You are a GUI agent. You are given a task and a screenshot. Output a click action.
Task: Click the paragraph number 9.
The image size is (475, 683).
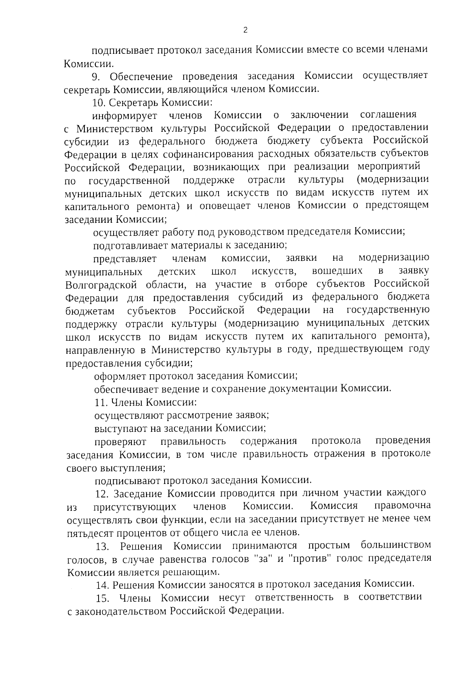[x=95, y=76]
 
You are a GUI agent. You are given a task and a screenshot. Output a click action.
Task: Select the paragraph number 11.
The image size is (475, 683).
[x=101, y=403]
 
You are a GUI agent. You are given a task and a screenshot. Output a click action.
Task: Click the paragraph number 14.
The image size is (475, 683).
[x=101, y=585]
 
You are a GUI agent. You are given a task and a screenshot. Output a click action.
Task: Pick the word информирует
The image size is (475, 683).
[x=125, y=116]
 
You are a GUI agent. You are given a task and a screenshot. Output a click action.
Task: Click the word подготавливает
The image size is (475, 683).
[x=131, y=246]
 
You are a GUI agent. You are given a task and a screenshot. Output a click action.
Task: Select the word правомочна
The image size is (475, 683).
[x=403, y=507]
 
